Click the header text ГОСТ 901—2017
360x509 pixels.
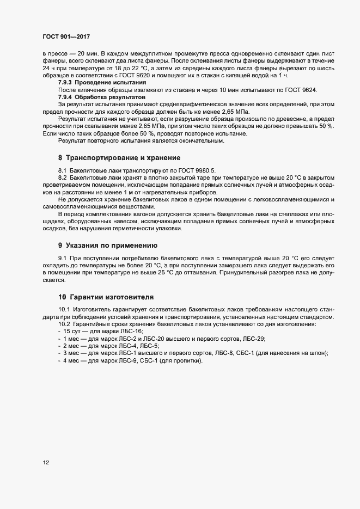tap(66, 36)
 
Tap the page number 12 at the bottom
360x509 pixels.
tap(46, 463)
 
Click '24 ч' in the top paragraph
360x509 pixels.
tap(46, 68)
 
